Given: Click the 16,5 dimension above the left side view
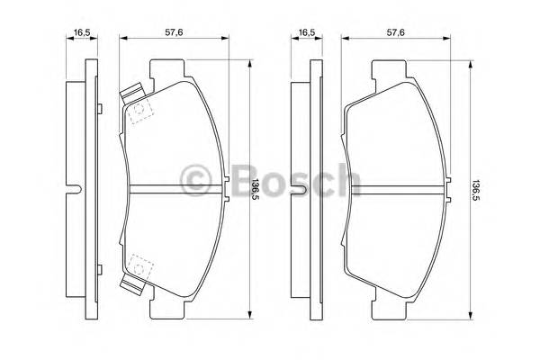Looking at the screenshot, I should [83, 32].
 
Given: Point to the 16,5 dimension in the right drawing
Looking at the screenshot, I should [307, 32].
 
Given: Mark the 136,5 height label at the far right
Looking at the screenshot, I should [478, 189].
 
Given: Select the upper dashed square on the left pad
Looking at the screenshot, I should [139, 113].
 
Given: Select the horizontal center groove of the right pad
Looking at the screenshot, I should [396, 189].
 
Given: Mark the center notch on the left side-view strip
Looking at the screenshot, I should [80, 189].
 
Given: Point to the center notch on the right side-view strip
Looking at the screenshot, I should [304, 189].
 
